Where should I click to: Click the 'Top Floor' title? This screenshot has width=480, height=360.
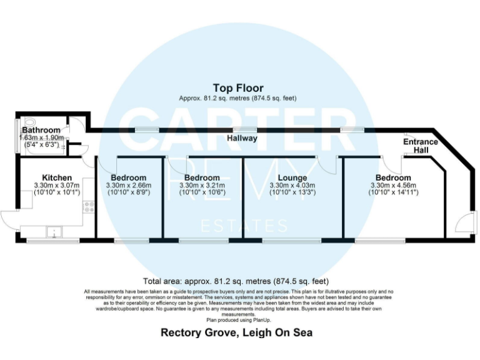[238, 88]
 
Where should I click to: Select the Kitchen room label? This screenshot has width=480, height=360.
[57, 178]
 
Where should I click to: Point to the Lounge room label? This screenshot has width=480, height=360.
[292, 178]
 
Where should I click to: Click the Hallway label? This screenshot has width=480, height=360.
[242, 138]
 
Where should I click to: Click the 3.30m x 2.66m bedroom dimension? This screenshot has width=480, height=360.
[126, 186]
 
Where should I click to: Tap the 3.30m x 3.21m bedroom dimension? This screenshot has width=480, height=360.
[201, 186]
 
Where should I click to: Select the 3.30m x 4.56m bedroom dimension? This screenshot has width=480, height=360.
[394, 186]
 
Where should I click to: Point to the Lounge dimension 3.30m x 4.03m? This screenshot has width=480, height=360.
[292, 186]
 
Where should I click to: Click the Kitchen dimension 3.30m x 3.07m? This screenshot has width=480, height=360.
[57, 186]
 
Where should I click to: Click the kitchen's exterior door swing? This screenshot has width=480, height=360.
[10, 221]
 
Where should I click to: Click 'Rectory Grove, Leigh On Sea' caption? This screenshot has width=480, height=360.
[236, 332]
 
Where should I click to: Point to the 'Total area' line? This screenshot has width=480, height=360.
[236, 281]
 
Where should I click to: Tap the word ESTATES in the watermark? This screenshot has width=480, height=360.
[242, 226]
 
